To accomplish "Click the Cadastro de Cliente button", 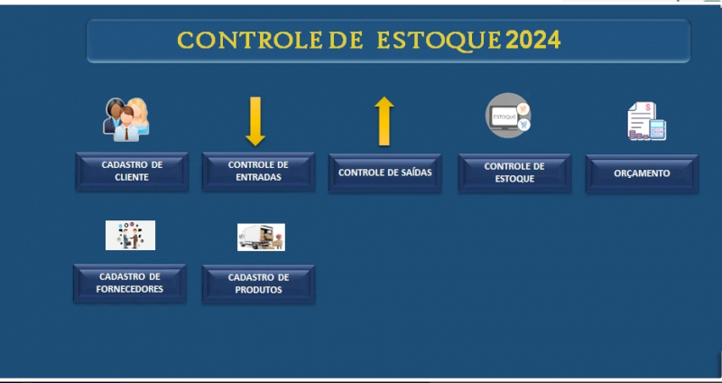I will pyautogui.click(x=132, y=172).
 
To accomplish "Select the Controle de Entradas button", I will pyautogui.click(x=258, y=172).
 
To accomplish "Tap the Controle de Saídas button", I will pyautogui.click(x=384, y=173).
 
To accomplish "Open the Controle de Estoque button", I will pyautogui.click(x=514, y=173).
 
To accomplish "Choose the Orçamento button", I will pyautogui.click(x=642, y=173).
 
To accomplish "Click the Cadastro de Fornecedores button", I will pyautogui.click(x=130, y=283).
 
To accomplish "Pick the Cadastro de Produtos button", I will pyautogui.click(x=258, y=284).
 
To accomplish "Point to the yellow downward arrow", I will pyautogui.click(x=255, y=121).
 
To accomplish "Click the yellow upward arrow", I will pyautogui.click(x=384, y=121).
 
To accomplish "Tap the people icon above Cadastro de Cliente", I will pyautogui.click(x=126, y=117).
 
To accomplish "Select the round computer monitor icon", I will pyautogui.click(x=508, y=116).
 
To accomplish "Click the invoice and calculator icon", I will pyautogui.click(x=646, y=121).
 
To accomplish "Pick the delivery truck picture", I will pyautogui.click(x=261, y=237).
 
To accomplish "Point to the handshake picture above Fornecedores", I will pyautogui.click(x=130, y=235).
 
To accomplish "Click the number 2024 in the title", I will pyautogui.click(x=533, y=40).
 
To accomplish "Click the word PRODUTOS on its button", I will pyautogui.click(x=258, y=290).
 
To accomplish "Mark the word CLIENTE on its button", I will pyautogui.click(x=132, y=178).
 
